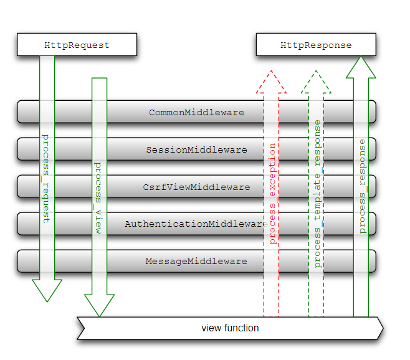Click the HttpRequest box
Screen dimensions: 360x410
pyautogui.click(x=77, y=45)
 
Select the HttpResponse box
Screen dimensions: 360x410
pyautogui.click(x=316, y=45)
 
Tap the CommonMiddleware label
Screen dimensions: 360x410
pyautogui.click(x=196, y=113)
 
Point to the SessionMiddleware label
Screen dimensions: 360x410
pyautogui.click(x=196, y=150)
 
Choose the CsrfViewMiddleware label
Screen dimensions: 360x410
pyautogui.click(x=196, y=187)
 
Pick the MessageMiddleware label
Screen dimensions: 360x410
pyautogui.click(x=196, y=261)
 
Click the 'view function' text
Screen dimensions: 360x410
pyautogui.click(x=230, y=328)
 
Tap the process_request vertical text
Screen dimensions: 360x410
pyautogui.click(x=45, y=178)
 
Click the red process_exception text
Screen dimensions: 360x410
pyautogui.click(x=272, y=193)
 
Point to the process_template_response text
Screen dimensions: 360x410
pyautogui.click(x=317, y=194)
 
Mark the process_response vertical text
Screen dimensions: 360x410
pyautogui.click(x=362, y=186)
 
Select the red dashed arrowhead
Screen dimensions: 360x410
pyautogui.click(x=272, y=82)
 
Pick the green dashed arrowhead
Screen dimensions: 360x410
pyautogui.click(x=317, y=82)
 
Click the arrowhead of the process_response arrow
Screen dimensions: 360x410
pyautogui.click(x=361, y=67)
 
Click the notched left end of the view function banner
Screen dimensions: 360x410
pyautogui.click(x=81, y=328)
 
